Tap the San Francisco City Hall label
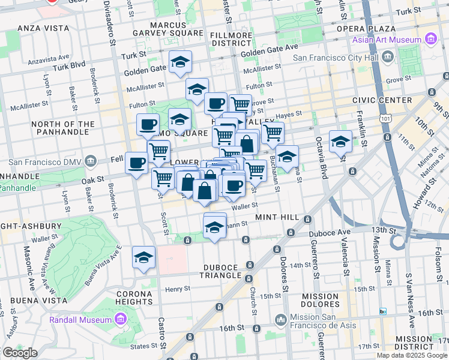pos(336,58)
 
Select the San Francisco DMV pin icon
pos(91,161)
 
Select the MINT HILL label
pos(276,217)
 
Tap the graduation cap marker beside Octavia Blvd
pos(340,142)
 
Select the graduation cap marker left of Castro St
pos(143,257)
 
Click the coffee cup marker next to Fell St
pos(137,162)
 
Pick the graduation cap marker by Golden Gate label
pos(179,62)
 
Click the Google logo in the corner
pos(20,353)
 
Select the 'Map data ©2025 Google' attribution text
pos(412,355)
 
